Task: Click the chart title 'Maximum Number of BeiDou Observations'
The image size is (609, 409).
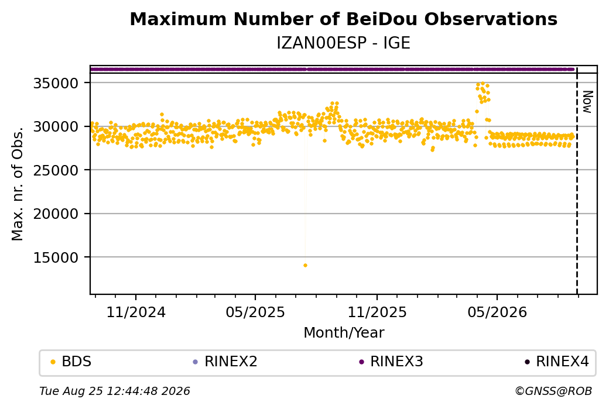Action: (x=343, y=19)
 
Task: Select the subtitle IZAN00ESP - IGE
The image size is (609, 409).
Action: (x=343, y=43)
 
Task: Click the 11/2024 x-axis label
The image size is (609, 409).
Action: (x=136, y=312)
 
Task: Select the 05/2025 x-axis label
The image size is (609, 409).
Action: (x=255, y=312)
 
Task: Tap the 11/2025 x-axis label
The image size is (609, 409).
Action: (x=377, y=312)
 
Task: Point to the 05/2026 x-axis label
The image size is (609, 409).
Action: (x=497, y=312)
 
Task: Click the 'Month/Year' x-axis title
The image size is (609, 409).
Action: (x=344, y=333)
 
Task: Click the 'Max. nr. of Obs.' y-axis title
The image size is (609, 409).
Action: (x=18, y=184)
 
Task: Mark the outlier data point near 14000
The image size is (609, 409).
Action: (x=305, y=266)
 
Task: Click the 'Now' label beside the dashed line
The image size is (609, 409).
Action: (x=588, y=102)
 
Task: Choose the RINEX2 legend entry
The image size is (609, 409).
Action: (x=225, y=362)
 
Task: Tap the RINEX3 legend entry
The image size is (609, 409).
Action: (x=391, y=362)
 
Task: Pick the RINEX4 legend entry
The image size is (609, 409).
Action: (x=557, y=362)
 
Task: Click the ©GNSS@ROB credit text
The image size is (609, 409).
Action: (x=553, y=391)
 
